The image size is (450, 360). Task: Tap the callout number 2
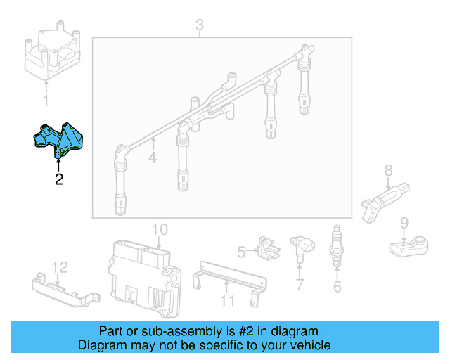(59, 179)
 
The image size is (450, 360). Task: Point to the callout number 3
(199, 26)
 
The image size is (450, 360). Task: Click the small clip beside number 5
(264, 247)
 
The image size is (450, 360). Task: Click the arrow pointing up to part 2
(59, 165)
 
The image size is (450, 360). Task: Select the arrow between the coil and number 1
(47, 89)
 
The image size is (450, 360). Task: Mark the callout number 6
(337, 286)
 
